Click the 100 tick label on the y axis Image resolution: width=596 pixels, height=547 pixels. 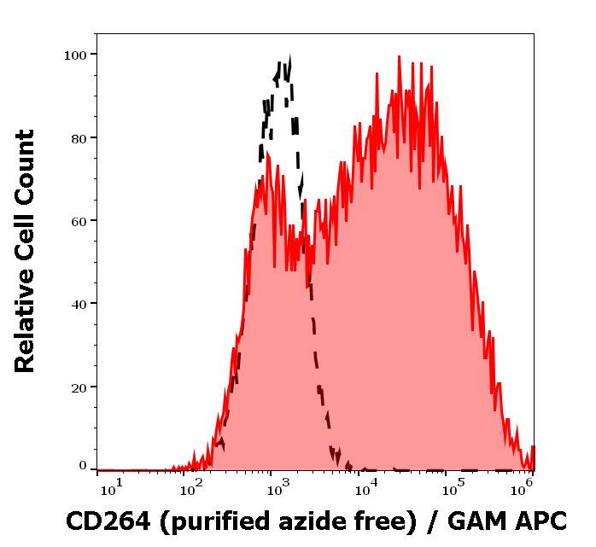75,55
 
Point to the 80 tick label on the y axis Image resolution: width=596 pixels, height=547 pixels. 79,137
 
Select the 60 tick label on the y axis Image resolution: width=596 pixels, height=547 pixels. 79,220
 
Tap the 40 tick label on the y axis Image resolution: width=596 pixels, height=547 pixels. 79,303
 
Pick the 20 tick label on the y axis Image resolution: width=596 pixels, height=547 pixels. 79,387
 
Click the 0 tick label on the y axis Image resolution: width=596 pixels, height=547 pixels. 83,466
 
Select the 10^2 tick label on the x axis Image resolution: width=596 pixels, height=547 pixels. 190,487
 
